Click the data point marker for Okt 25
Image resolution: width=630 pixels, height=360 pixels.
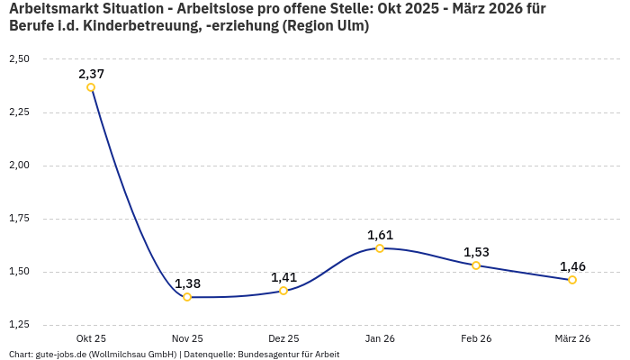point(91,87)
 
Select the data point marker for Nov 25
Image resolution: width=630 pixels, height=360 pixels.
point(187,297)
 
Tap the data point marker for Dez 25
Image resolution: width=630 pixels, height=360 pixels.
point(283,291)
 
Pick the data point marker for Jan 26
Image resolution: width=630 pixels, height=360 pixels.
point(380,248)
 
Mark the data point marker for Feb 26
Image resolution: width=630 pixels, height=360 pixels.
point(476,265)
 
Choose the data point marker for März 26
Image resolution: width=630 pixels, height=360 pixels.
point(572,280)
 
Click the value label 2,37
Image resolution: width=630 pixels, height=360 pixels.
point(91,74)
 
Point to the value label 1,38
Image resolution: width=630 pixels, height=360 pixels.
point(187,283)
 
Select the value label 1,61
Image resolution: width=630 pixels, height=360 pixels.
point(380,235)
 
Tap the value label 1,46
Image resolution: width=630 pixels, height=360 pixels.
point(572,266)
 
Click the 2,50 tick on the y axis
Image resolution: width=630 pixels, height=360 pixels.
point(19,59)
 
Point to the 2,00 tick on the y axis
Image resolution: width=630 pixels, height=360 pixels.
point(19,166)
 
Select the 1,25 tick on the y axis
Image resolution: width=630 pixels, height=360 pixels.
point(19,324)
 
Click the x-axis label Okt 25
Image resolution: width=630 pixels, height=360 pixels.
point(91,338)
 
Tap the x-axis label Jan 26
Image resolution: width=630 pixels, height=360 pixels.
point(380,338)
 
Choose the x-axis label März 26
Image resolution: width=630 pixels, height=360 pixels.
point(572,338)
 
